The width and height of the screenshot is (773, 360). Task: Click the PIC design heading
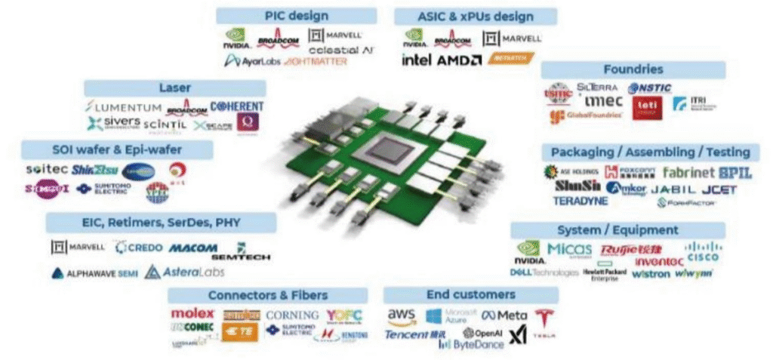click(x=296, y=16)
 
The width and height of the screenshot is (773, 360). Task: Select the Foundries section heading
click(x=633, y=69)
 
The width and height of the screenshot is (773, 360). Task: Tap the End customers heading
click(x=470, y=294)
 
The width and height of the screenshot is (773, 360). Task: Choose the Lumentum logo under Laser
click(x=124, y=107)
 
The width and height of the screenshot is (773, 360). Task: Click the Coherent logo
click(x=236, y=106)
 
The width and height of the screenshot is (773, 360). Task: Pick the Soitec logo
click(x=47, y=170)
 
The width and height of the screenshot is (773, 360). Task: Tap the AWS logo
click(x=402, y=315)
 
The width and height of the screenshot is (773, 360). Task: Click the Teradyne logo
click(x=580, y=202)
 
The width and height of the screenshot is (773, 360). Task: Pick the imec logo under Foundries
click(x=605, y=101)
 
